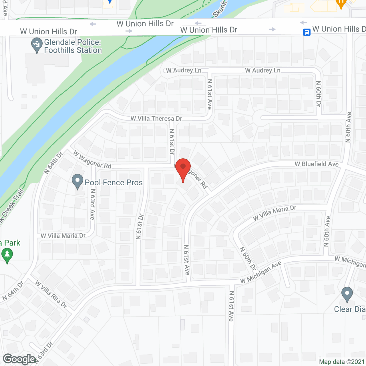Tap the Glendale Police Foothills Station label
pos(73,46)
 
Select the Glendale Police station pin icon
pos(37,45)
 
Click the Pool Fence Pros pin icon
pos(77,181)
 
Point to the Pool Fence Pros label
pos(114,183)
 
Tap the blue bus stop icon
pos(307,32)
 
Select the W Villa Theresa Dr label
pos(156,118)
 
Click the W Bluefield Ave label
pos(317,164)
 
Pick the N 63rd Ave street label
pos(92,204)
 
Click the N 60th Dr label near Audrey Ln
pos(319,94)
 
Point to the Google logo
pos(19,359)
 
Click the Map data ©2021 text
pos(342,362)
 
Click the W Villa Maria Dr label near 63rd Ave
pos(63,236)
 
